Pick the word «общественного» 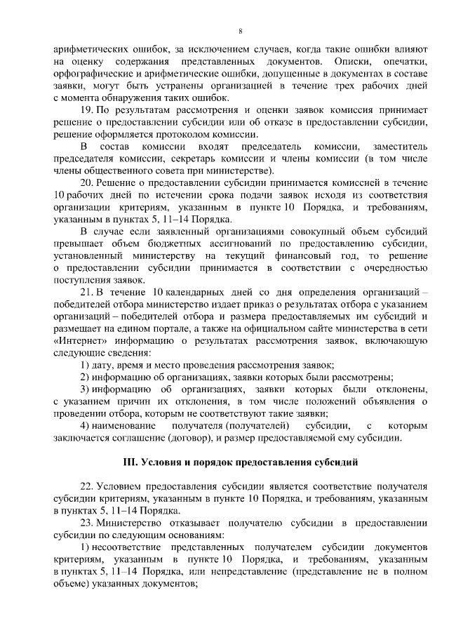click(125, 171)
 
